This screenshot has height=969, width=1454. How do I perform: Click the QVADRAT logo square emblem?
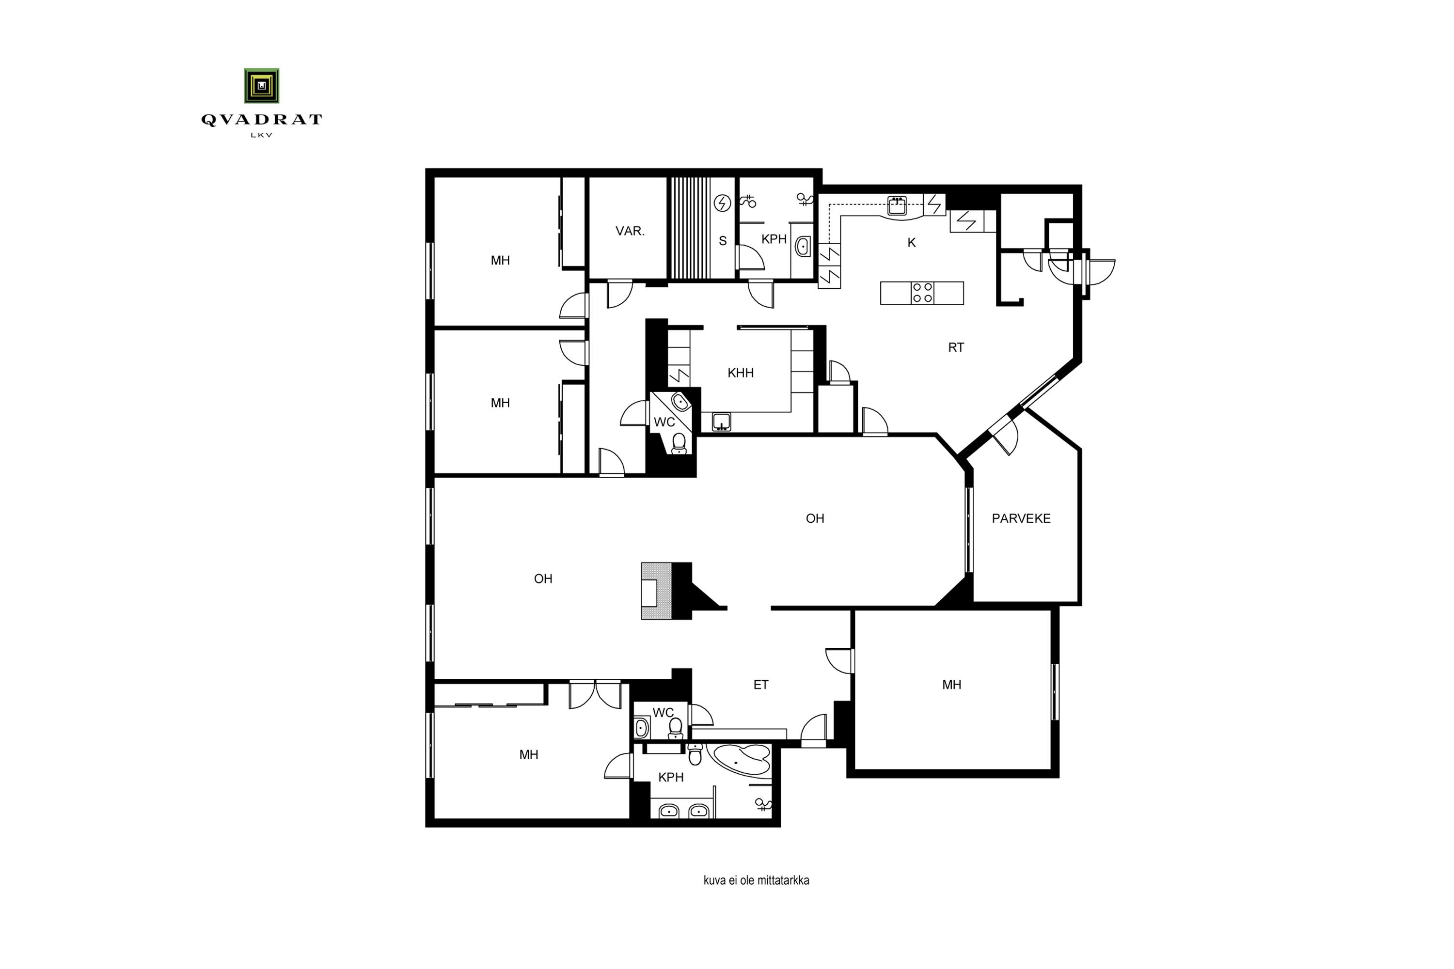click(x=262, y=85)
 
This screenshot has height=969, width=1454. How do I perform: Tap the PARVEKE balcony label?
click(x=1021, y=518)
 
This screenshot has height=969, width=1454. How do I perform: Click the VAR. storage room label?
click(x=630, y=231)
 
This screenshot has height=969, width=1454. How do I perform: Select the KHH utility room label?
click(x=740, y=373)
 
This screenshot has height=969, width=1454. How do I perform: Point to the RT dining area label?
click(x=956, y=347)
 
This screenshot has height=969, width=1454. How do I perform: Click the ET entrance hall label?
click(x=760, y=685)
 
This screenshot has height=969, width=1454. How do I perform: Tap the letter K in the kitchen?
click(x=911, y=243)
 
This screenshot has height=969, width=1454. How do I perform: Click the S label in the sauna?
click(x=723, y=241)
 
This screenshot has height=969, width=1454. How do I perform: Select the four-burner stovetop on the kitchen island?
click(x=922, y=293)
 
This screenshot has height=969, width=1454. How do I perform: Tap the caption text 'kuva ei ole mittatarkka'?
click(x=756, y=880)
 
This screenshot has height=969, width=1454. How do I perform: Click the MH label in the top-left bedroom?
click(x=500, y=261)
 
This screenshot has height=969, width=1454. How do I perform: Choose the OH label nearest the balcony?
click(x=815, y=518)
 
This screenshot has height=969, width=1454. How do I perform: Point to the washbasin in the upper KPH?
click(x=803, y=247)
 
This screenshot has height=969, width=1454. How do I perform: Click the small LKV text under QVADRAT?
click(x=262, y=135)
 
